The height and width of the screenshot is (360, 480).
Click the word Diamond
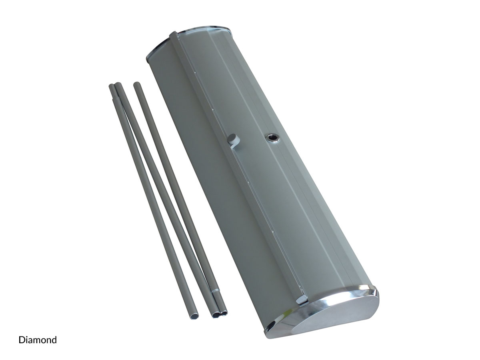pos(38,340)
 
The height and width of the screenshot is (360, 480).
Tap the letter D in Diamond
pos(22,340)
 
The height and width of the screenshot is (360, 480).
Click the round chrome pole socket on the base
pos(272,138)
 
